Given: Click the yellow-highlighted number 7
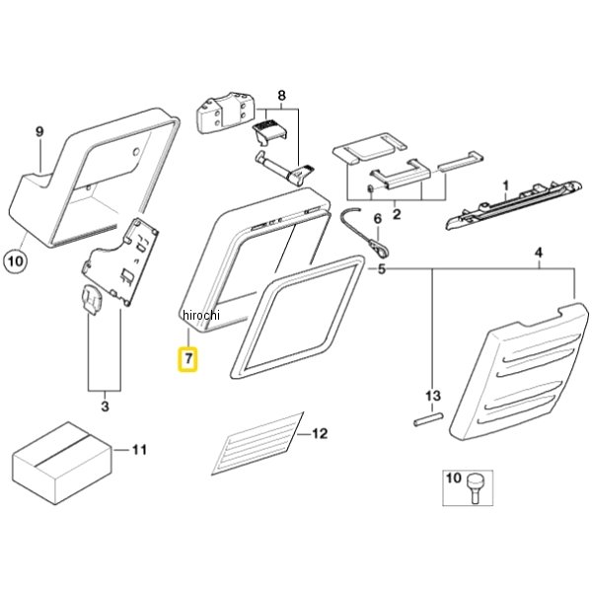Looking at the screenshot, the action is (x=188, y=359).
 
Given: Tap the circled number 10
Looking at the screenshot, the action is (x=16, y=260).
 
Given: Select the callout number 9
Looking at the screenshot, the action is (x=39, y=132).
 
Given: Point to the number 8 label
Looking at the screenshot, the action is (x=281, y=96).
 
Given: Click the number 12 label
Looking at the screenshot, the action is (x=320, y=433).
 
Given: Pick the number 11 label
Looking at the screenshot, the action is (x=139, y=450).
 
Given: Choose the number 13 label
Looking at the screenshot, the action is (x=433, y=396).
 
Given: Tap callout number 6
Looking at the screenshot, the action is (x=378, y=219).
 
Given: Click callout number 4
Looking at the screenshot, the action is (x=539, y=253).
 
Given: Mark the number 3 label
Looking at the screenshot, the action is (x=105, y=407).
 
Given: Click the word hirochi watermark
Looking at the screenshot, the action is (x=200, y=315).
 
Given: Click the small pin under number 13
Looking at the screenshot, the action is (x=428, y=420).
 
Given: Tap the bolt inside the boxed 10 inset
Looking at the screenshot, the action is (x=475, y=487).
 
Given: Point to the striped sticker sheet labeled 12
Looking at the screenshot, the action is (x=258, y=443).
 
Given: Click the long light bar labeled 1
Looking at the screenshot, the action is (x=517, y=204).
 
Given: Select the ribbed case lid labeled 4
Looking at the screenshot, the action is (x=519, y=370).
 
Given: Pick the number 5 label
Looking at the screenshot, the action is (x=382, y=269).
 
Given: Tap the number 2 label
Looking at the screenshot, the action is (x=397, y=214).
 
